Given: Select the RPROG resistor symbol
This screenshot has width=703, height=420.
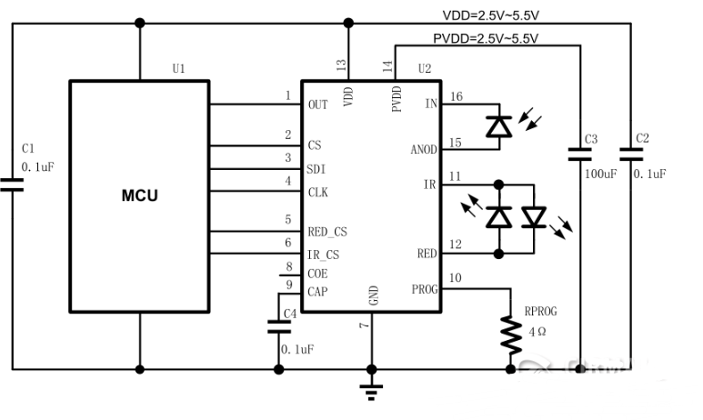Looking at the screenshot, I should click(508, 335).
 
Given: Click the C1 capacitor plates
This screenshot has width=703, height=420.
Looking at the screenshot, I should click(13, 185).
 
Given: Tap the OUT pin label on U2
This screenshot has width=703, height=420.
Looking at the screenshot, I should click(317, 105).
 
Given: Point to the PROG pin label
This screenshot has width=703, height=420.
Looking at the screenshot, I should click(424, 291).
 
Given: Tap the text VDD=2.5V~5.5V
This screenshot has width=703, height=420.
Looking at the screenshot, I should click(492, 15).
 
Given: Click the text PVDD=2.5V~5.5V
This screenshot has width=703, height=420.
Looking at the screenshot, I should click(485, 38).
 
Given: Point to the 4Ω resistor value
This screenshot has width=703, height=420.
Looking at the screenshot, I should click(535, 334).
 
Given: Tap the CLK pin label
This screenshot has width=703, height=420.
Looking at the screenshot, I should click(319, 192).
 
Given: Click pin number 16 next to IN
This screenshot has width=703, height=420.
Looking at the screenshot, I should click(456, 96).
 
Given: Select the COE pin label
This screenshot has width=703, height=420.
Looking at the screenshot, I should click(318, 273).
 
